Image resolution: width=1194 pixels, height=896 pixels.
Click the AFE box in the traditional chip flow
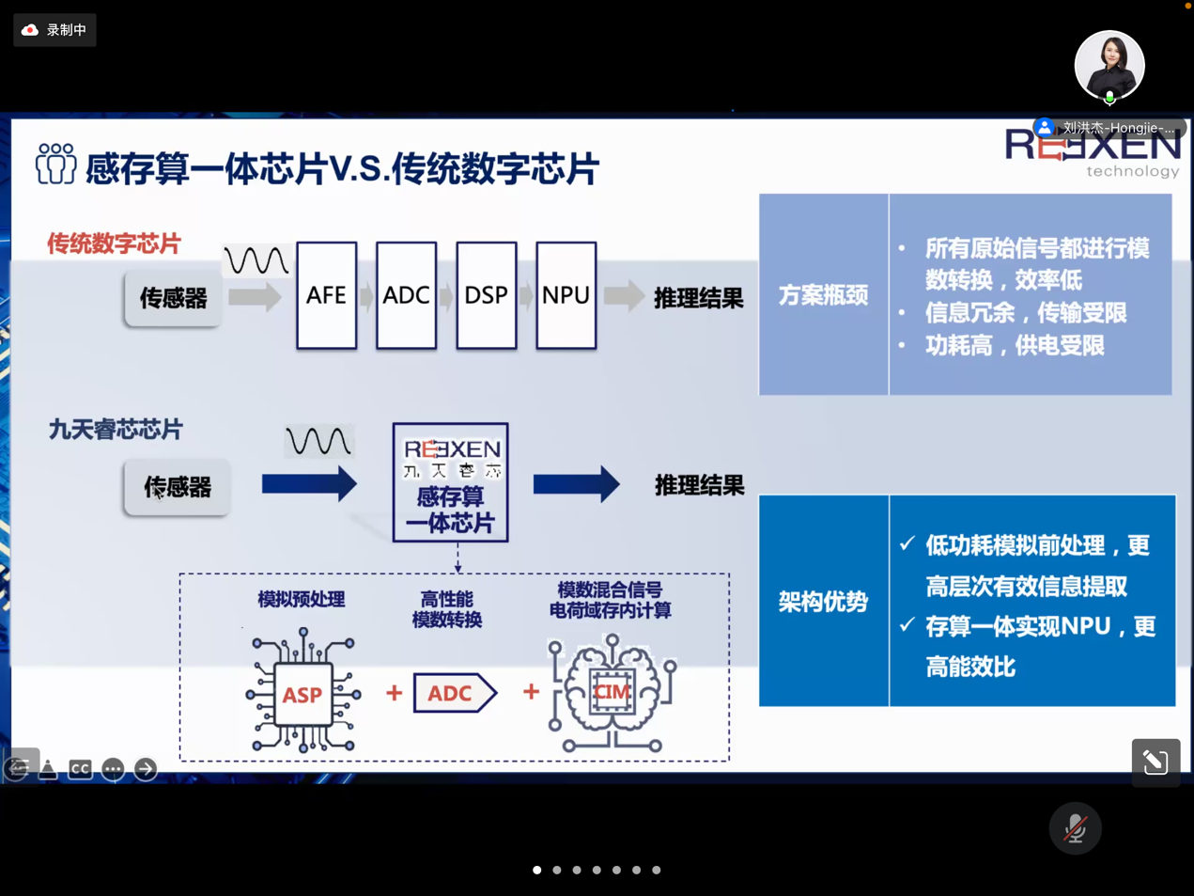point(326,295)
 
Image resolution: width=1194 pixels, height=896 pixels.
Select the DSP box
point(486,295)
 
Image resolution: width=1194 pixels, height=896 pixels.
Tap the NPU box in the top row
point(566,295)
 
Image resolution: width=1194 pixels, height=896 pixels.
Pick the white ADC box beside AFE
point(406,295)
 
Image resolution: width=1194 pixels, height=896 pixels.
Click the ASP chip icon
point(302,694)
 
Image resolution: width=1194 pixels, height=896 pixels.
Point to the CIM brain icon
point(612,693)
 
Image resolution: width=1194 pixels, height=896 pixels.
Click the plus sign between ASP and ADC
point(394,693)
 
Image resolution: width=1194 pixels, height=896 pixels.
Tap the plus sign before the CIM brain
point(531,692)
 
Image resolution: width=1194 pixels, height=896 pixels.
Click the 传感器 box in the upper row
point(173,299)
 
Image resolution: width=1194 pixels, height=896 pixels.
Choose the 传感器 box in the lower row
point(177,487)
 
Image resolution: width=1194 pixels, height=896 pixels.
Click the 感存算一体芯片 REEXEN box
point(451,482)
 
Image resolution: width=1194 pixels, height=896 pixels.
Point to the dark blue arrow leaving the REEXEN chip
point(576,484)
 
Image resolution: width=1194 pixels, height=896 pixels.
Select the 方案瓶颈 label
point(823,295)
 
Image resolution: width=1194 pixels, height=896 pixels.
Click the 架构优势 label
point(823,602)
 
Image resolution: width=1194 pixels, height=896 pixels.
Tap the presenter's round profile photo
point(1109,66)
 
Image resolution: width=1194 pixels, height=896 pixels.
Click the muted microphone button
point(1075,828)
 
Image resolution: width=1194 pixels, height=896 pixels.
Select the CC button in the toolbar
point(80,769)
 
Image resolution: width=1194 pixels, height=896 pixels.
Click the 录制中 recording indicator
point(54,30)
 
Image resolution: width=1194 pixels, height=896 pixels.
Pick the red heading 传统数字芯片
point(114,244)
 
